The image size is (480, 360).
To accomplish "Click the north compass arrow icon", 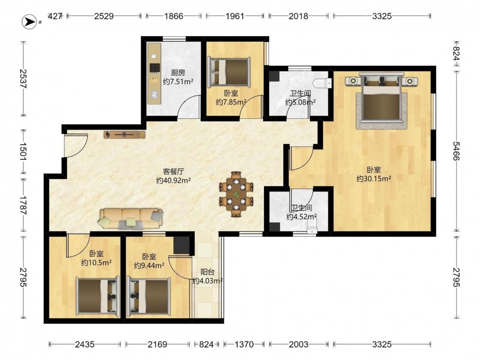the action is coord(29,22).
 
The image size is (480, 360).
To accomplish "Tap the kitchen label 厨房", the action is coord(178,73).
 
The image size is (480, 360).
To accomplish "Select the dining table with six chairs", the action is coord(236,194).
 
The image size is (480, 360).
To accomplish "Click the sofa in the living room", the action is coord(131,218).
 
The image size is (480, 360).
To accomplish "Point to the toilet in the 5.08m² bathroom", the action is coord(323,83).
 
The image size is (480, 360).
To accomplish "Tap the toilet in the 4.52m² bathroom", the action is coord(312,228).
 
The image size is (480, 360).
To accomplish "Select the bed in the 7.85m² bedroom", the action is coord(228,72).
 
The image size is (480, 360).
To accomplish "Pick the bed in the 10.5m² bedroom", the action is coord(97,296).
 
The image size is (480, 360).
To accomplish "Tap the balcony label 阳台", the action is coord(207,272).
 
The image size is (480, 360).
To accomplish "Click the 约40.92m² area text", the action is coord(174,180).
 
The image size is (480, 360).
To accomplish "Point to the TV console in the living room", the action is coord(124,135).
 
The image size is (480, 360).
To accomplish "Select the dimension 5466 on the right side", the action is coord(456,151).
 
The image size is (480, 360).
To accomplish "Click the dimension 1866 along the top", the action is coord(174,16).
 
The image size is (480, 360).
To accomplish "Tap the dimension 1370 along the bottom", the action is coord(244,345).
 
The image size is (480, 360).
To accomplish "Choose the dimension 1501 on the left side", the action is coord(23,151).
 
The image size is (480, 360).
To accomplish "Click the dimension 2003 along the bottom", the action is coord(299,345).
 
